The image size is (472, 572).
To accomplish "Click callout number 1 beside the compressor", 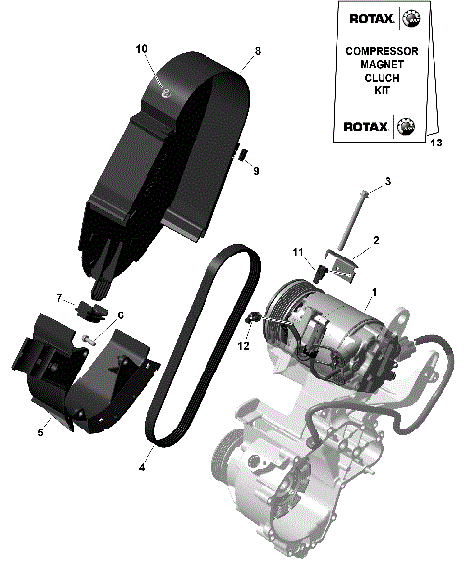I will click(373, 293).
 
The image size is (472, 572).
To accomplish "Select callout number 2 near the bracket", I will click(375, 239).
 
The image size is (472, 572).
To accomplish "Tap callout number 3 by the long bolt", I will click(387, 182).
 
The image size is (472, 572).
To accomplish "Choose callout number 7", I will click(59, 297).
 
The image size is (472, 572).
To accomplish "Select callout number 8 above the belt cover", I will click(257, 51).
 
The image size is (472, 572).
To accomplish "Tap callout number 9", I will click(255, 172).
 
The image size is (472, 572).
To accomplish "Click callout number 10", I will click(141, 48).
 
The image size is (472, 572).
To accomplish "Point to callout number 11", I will click(296, 254).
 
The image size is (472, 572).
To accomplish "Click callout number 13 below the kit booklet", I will click(436, 143).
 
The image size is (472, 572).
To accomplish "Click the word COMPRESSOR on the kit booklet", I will click(382, 50).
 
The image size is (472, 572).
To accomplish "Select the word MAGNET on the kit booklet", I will click(382, 64).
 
